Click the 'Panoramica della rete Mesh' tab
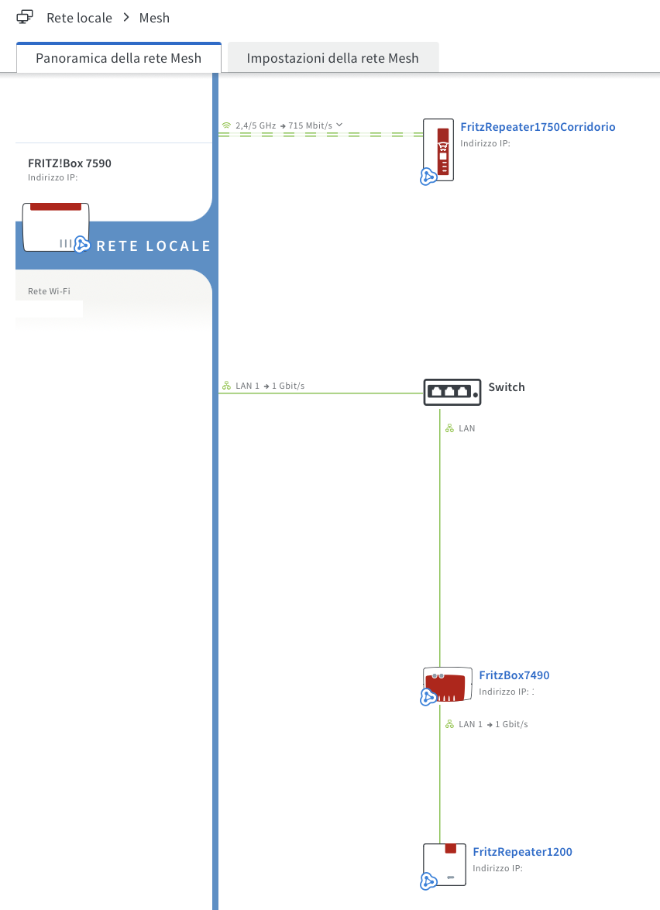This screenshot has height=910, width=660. point(119,58)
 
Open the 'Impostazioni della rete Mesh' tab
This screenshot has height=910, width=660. point(332,58)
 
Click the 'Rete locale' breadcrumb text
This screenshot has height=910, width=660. point(79,18)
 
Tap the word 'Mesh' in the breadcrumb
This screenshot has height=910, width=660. point(154,18)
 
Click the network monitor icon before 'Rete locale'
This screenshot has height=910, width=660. point(25,17)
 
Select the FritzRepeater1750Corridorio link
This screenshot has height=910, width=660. point(538,127)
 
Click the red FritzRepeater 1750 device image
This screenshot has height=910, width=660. point(439,149)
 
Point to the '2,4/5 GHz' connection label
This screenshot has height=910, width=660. point(256,125)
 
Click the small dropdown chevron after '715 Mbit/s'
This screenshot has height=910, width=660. point(339,125)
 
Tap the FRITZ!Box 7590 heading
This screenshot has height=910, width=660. point(70,163)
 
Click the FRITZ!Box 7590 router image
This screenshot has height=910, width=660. point(56,227)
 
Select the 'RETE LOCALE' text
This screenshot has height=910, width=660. point(153,246)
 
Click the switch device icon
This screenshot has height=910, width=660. point(452,392)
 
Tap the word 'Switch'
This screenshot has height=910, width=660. point(506,387)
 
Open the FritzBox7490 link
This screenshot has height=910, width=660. point(514,675)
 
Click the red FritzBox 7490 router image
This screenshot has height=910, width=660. point(447,685)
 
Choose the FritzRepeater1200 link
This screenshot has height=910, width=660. point(522,852)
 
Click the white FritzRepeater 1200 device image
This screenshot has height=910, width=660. point(445,864)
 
